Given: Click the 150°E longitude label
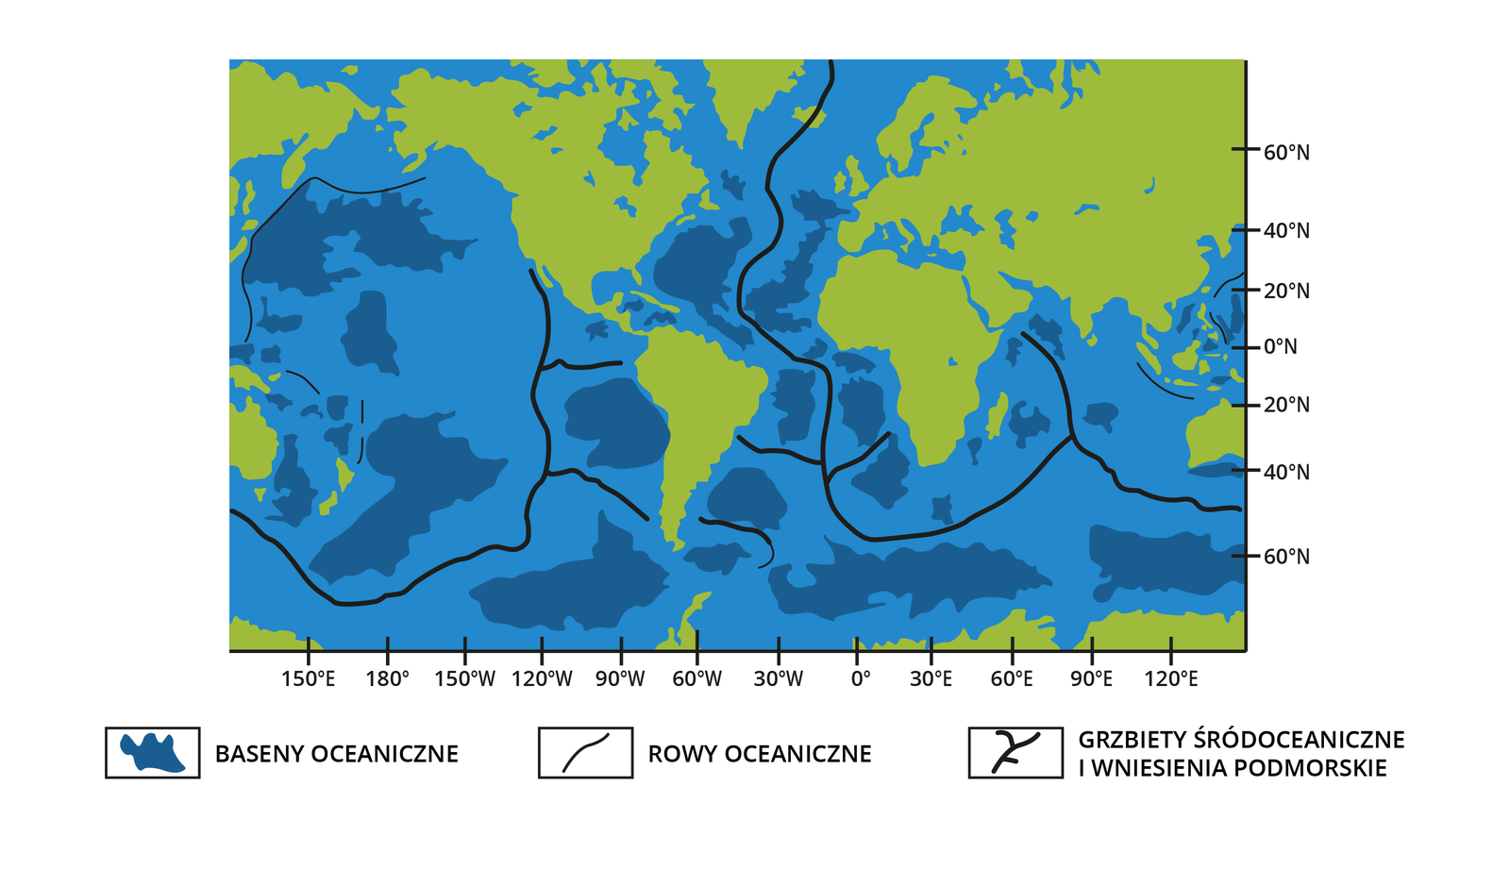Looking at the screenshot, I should [308, 679].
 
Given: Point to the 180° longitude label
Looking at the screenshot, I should [387, 679].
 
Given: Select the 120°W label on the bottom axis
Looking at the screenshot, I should [542, 679].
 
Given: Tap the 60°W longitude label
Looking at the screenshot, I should [696, 679].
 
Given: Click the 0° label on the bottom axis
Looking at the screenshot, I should [860, 679].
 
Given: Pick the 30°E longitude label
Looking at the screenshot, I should [931, 679].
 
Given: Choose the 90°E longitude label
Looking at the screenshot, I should [1091, 679].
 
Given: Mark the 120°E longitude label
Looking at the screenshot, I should [1170, 679].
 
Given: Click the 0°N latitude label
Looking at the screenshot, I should [1280, 347].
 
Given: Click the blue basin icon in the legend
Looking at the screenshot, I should [152, 753].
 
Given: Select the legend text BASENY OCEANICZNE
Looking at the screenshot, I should [337, 754].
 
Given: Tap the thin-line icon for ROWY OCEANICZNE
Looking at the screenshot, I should [585, 753].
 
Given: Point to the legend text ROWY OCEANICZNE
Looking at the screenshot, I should [760, 754].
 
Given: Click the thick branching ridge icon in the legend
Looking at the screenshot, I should [1015, 753].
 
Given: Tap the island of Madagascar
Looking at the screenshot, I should [996, 415].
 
